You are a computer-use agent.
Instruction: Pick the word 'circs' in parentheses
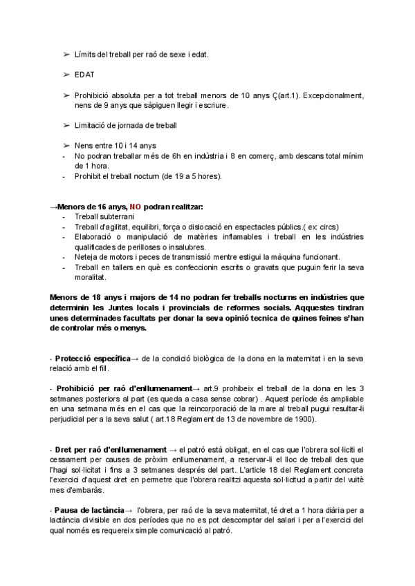(x=327, y=227)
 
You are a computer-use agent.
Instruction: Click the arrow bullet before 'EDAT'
(x=66, y=74)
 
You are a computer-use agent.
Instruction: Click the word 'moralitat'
(x=90, y=277)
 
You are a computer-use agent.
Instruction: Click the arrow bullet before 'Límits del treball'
(x=66, y=54)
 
